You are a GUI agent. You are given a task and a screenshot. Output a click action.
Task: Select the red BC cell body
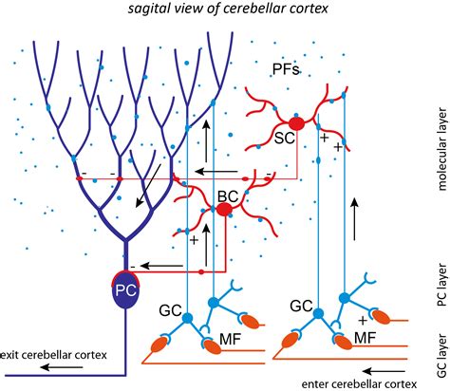pos(225,208)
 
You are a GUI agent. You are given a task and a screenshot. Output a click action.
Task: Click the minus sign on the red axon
pos(86,174)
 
